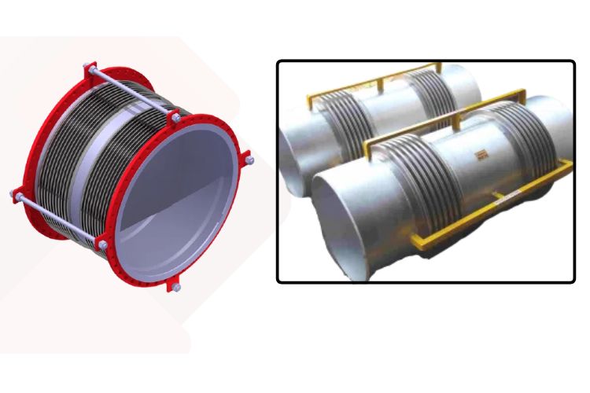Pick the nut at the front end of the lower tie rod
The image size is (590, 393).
(x=103, y=246)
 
